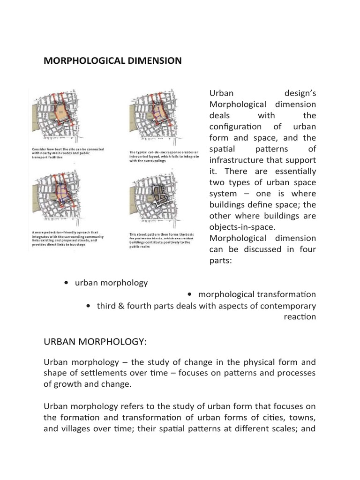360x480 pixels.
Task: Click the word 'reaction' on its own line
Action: click(x=300, y=317)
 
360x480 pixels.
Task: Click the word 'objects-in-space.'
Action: click(x=239, y=227)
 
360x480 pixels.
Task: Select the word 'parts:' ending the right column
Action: click(x=221, y=260)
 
